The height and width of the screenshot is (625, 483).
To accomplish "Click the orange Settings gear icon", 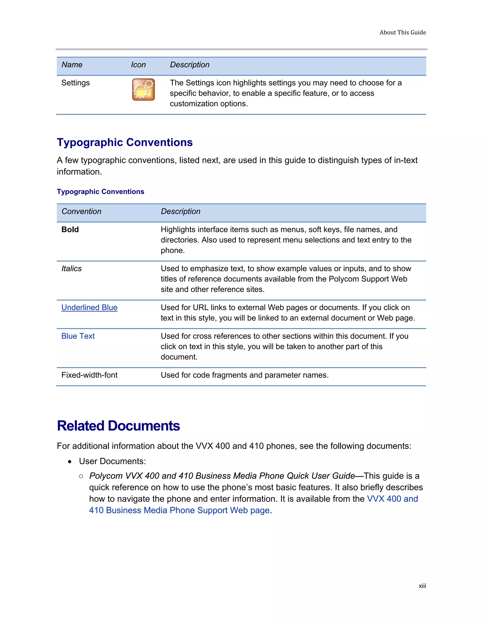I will click(143, 90).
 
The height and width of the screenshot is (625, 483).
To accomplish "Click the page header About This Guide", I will click(402, 33).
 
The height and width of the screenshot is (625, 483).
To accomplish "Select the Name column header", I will click(72, 65).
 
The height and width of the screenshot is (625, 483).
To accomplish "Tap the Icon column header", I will click(138, 65).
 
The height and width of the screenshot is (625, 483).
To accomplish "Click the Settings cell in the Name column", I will click(75, 83).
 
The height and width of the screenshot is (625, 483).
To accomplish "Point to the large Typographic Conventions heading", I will click(125, 142).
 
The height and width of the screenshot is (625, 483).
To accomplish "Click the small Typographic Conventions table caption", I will click(100, 192).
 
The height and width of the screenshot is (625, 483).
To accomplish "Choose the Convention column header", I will click(82, 212).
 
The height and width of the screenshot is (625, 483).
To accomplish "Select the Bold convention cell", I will click(70, 229).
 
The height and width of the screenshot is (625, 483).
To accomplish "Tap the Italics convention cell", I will click(71, 268).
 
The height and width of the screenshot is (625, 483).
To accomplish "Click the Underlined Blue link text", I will click(89, 308).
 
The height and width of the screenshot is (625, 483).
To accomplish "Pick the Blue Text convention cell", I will click(78, 336).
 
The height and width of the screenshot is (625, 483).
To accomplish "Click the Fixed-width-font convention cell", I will click(89, 375).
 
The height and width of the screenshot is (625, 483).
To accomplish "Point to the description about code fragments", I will click(245, 375).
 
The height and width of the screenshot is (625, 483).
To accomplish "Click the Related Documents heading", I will click(118, 426).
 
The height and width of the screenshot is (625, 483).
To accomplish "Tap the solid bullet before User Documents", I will click(70, 462).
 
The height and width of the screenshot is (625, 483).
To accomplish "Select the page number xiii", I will click(422, 586).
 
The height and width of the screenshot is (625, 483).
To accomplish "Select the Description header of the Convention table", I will click(181, 212).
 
